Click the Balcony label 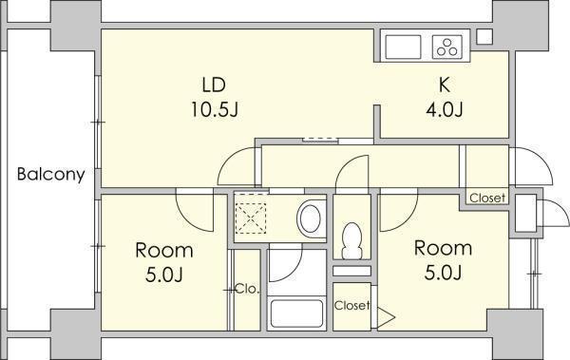tap(51, 175)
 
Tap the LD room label tap(214, 85)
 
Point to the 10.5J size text tap(215, 109)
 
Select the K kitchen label tap(445, 85)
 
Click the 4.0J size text tap(445, 109)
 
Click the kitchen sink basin tap(403, 47)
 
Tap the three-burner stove tap(447, 47)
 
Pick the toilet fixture tap(351, 240)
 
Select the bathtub tap(297, 313)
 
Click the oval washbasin tap(310, 218)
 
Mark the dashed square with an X tap(251, 218)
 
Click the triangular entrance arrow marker tap(386, 317)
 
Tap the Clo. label tap(248, 290)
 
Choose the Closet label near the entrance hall tap(487, 198)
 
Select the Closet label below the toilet tap(351, 306)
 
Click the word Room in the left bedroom tap(164, 251)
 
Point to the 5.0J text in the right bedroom tap(443, 273)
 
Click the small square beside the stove tap(484, 37)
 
